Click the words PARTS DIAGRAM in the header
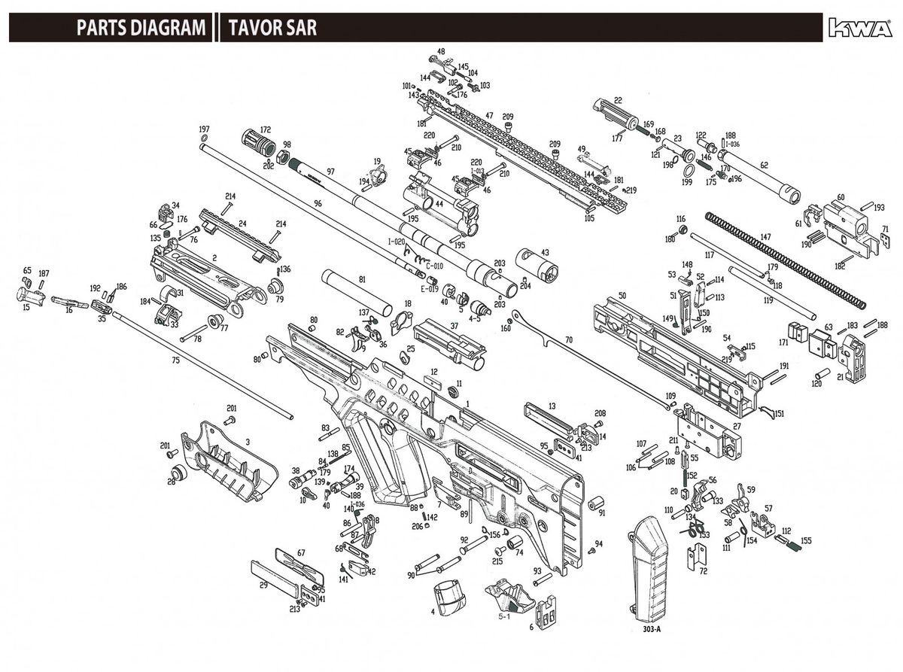click(x=141, y=29)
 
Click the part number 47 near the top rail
click(x=489, y=115)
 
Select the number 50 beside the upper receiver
click(x=622, y=296)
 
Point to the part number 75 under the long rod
click(x=175, y=360)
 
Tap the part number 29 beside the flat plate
click(x=263, y=585)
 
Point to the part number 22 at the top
click(x=618, y=100)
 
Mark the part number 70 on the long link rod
click(x=568, y=340)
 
